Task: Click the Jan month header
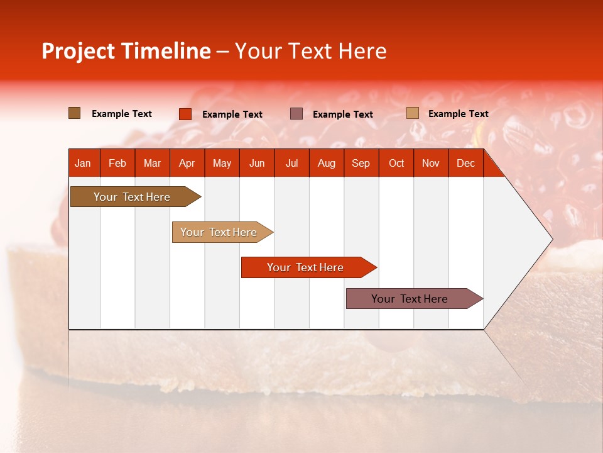[x=83, y=164]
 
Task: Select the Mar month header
[x=152, y=164]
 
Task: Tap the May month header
[x=222, y=164]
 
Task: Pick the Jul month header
[x=292, y=164]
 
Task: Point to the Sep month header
[x=361, y=164]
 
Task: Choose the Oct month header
[x=396, y=164]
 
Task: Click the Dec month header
[x=465, y=164]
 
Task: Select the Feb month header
[x=117, y=164]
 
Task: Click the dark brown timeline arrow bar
[x=136, y=196]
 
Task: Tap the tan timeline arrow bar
[x=222, y=232]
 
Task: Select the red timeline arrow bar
[x=309, y=267]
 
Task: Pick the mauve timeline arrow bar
[x=415, y=298]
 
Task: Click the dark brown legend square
[x=74, y=113]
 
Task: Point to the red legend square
[x=185, y=114]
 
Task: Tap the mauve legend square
[x=296, y=114]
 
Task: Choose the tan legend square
[x=413, y=113]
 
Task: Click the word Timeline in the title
[x=166, y=51]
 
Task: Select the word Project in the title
[x=78, y=52]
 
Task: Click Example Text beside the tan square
[x=459, y=114]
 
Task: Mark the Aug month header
[x=326, y=164]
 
